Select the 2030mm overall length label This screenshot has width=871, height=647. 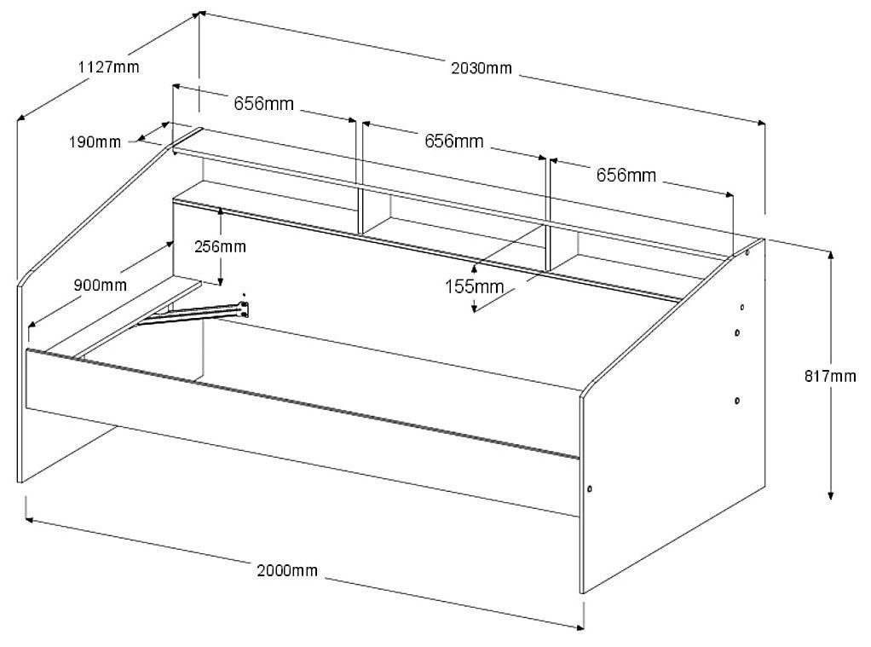tap(482, 68)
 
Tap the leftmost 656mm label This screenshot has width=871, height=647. tap(264, 104)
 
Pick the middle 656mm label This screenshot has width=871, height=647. tap(453, 141)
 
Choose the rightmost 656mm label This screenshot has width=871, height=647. tap(626, 176)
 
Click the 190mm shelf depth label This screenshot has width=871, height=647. tap(95, 142)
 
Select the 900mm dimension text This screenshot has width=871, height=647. tap(100, 285)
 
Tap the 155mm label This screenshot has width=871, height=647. tap(474, 286)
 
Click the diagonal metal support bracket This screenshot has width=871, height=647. tap(196, 313)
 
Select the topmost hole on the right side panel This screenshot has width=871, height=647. tap(747, 252)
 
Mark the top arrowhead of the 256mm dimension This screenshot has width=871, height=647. tap(220, 211)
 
